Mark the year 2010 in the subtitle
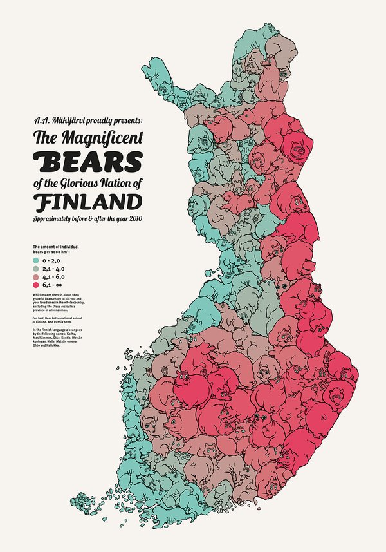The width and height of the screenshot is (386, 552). point(134,220)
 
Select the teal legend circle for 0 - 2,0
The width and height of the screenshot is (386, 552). point(35,260)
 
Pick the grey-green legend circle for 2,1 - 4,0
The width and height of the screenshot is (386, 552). point(35,268)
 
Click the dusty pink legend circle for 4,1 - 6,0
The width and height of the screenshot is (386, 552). point(35,276)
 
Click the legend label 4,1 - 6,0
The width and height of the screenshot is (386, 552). point(54,276)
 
